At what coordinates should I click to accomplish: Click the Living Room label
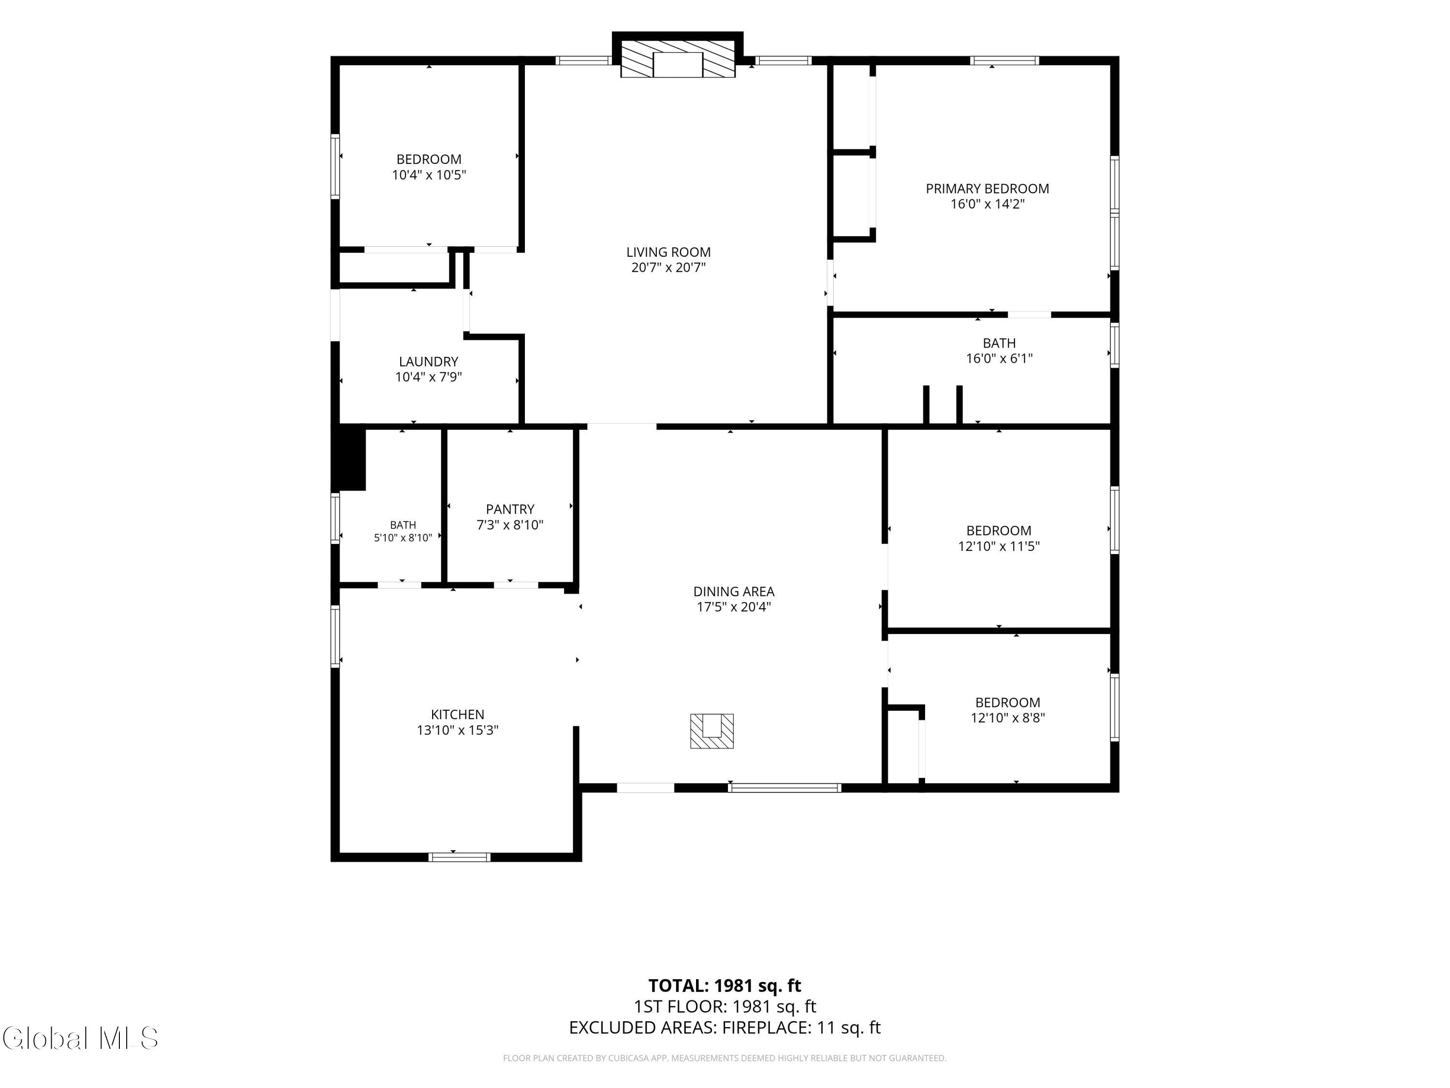pyautogui.click(x=668, y=252)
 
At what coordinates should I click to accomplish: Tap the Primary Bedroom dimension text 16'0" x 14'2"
pyautogui.click(x=987, y=204)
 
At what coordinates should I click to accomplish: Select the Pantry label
pyautogui.click(x=510, y=509)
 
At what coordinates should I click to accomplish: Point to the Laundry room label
pyautogui.click(x=429, y=361)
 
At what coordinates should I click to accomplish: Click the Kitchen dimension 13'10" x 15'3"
pyautogui.click(x=458, y=730)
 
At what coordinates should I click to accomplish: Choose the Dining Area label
pyautogui.click(x=734, y=591)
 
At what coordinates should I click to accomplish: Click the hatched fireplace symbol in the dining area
pyautogui.click(x=712, y=731)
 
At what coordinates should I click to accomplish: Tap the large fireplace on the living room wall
pyautogui.click(x=678, y=59)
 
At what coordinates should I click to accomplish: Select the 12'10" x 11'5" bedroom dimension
pyautogui.click(x=999, y=546)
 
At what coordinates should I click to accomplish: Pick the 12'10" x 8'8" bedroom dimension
pyautogui.click(x=1008, y=718)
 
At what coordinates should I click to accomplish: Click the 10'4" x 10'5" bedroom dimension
pyautogui.click(x=429, y=175)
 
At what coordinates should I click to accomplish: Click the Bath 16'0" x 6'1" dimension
pyautogui.click(x=999, y=359)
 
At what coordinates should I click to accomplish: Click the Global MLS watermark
pyautogui.click(x=80, y=1038)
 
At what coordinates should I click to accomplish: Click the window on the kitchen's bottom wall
pyautogui.click(x=459, y=856)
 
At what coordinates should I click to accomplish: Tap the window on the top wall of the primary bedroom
pyautogui.click(x=1004, y=61)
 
